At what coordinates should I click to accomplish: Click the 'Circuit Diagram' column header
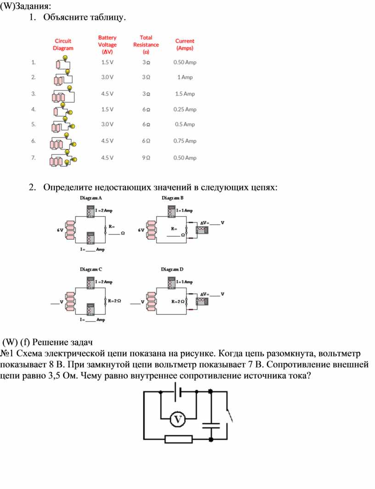pos(63,45)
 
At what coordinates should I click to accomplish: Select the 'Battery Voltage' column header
pos(107,45)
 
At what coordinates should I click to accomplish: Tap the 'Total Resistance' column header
pos(146,45)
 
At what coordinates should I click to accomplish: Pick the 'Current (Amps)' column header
pos(185,45)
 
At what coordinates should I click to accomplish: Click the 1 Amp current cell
pos(185,77)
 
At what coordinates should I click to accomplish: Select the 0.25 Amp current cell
pos(185,109)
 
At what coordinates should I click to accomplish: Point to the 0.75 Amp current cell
pos(185,141)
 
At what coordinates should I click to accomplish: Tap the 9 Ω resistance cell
pos(146,158)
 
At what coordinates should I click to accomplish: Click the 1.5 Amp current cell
pos(185,94)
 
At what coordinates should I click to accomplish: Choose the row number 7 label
pos(34,158)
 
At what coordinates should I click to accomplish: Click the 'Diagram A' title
pos(91,198)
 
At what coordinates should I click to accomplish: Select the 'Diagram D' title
pos(172,269)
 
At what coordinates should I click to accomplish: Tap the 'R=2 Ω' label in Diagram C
pos(114,301)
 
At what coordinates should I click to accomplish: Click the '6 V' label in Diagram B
pos(141,230)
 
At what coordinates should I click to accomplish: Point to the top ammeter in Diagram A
pos(91,211)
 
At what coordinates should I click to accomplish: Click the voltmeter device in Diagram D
pos(202,301)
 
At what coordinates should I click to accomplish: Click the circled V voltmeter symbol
pos(178,419)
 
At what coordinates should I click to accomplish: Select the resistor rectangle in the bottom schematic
pos(178,439)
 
